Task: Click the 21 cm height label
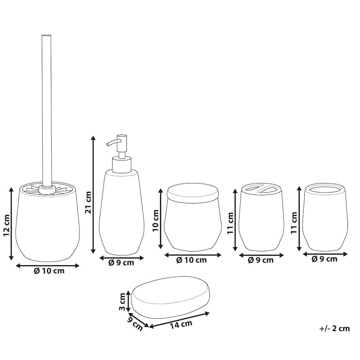(88, 202)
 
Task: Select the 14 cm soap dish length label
(181, 324)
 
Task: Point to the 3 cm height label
(122, 302)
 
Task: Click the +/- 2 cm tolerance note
(335, 329)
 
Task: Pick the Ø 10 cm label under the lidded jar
(191, 260)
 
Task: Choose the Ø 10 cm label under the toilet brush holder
(49, 271)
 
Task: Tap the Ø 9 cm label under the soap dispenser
(121, 263)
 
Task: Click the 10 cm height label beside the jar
(155, 221)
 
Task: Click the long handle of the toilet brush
(47, 110)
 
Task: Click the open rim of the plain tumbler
(324, 188)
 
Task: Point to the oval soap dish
(170, 297)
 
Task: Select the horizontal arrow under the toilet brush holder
(47, 266)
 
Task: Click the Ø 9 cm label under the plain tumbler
(324, 259)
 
